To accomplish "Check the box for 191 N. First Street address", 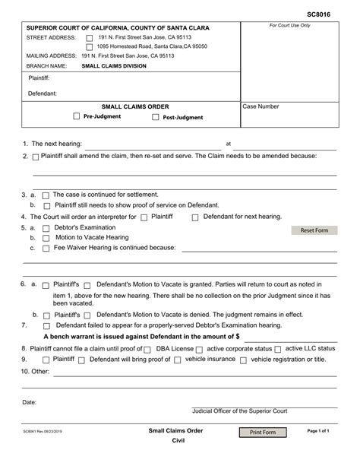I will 90,37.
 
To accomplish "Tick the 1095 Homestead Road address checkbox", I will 90,47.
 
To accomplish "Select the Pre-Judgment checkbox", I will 76,116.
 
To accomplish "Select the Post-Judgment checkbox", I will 156,118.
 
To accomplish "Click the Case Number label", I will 261,107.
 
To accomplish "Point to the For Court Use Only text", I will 289,25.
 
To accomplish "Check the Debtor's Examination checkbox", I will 46,228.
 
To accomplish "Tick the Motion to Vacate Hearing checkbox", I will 46,238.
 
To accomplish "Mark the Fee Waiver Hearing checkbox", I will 46,249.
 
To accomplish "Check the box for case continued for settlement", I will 46,195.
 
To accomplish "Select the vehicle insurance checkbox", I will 177,360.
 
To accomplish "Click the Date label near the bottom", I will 30,401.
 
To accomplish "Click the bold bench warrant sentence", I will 142,335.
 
